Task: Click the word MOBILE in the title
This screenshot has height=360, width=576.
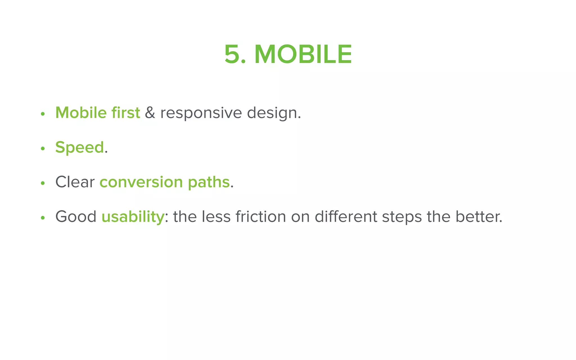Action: point(303,54)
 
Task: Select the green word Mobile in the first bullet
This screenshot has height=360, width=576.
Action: point(81,113)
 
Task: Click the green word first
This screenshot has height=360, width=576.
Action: point(125,113)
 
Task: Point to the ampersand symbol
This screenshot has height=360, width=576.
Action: point(150,113)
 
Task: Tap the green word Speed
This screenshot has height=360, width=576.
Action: point(80,148)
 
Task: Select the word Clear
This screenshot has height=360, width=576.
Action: point(75,182)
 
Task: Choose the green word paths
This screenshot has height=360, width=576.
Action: point(209,183)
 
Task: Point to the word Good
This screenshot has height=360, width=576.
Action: point(76,217)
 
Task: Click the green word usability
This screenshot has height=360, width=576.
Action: point(133,217)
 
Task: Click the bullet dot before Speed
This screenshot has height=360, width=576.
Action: point(43,148)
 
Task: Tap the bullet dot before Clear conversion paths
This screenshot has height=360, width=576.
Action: point(43,183)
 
